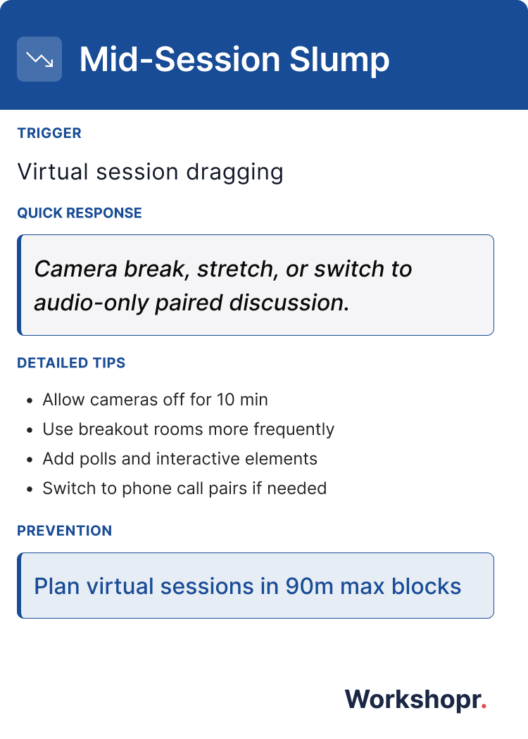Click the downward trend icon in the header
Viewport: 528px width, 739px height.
[39, 59]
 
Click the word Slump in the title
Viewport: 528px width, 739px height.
[339, 59]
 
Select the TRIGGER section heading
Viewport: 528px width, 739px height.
[49, 133]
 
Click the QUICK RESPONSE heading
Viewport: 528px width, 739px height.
[80, 213]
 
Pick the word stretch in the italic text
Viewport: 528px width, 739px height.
[234, 269]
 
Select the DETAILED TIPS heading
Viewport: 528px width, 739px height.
[71, 363]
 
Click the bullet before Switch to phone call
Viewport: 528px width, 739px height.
[29, 489]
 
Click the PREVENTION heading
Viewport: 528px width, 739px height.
[65, 531]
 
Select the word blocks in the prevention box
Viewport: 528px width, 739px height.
[429, 586]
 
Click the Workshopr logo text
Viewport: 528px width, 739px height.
[413, 700]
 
